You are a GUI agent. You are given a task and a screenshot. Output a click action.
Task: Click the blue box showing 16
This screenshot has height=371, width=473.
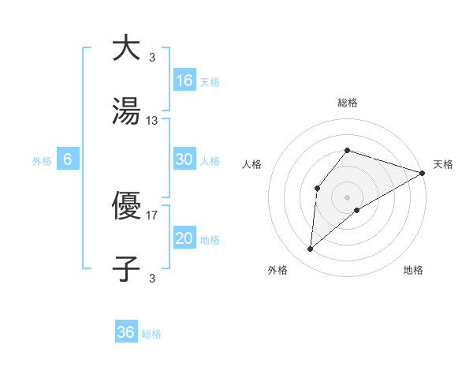tap(184, 81)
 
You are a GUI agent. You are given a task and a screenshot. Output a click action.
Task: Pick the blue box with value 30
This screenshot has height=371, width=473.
tap(184, 159)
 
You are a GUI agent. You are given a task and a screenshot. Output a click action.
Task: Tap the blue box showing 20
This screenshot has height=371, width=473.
tap(184, 238)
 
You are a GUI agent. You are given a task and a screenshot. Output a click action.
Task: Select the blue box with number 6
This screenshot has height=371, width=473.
tap(68, 159)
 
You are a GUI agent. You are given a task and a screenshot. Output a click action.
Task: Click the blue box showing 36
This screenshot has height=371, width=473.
tap(126, 332)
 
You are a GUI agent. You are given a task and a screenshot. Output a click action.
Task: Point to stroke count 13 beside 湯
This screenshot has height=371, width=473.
tap(152, 121)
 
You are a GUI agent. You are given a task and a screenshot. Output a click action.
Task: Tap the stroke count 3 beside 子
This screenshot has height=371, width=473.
tap(152, 277)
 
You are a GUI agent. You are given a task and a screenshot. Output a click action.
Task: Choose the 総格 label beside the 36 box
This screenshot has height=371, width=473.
tap(151, 334)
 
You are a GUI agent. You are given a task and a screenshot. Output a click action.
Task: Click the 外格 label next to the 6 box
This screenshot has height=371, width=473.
tap(42, 161)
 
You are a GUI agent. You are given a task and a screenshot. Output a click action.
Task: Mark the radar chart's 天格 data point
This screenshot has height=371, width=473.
tap(423, 173)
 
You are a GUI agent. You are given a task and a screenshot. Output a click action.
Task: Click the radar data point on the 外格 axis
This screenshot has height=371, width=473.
tap(311, 249)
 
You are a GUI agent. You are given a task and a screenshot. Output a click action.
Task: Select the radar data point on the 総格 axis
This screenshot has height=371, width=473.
tap(347, 150)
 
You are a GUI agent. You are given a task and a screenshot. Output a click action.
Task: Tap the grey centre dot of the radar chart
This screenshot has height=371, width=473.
tap(347, 197)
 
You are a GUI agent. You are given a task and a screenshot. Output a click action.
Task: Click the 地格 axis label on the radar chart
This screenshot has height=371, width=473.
tap(413, 270)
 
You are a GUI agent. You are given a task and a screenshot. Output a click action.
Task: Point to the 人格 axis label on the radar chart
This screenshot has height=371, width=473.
tap(252, 164)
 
